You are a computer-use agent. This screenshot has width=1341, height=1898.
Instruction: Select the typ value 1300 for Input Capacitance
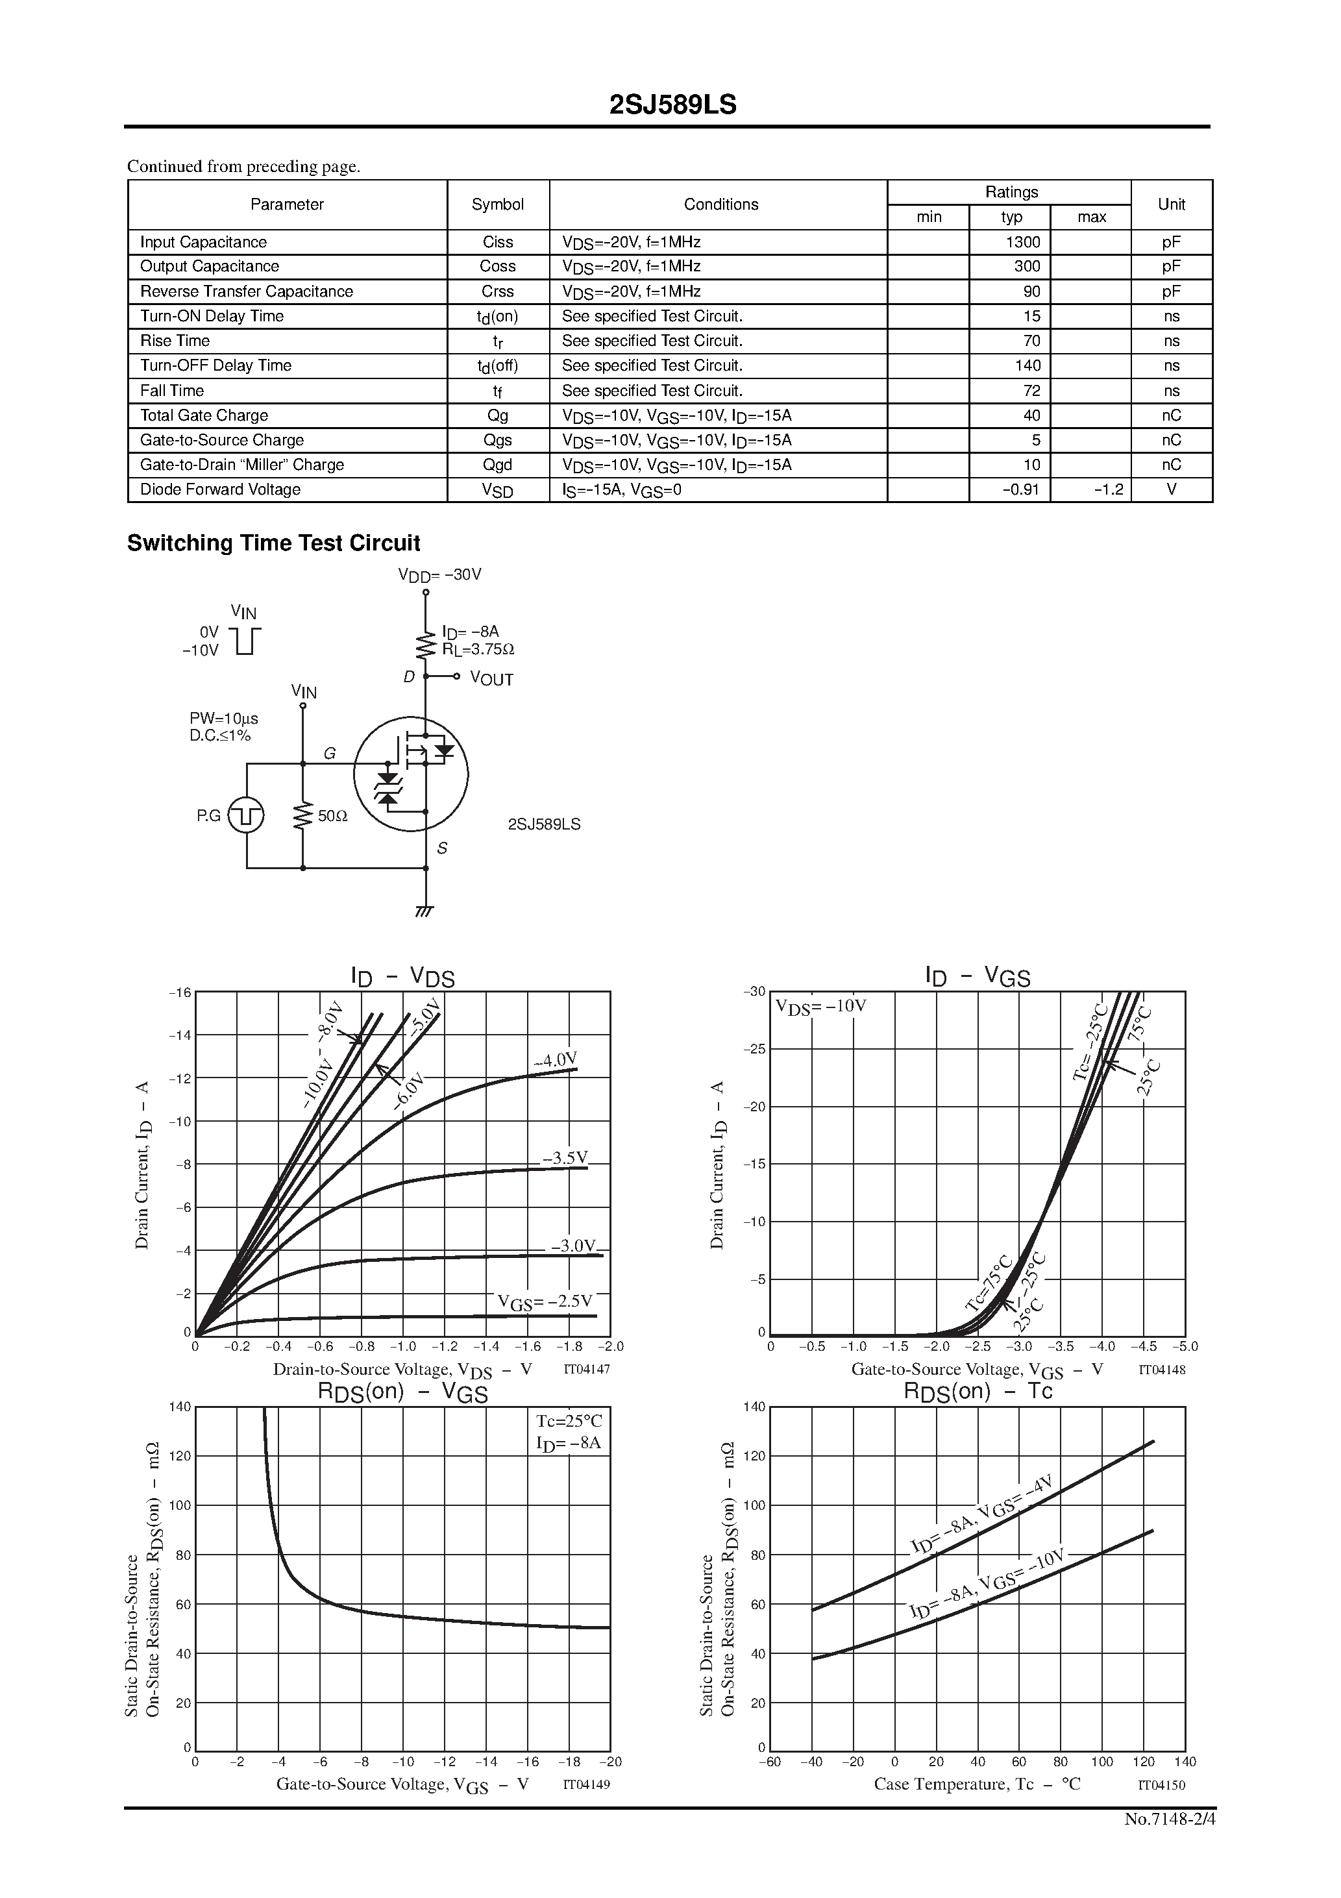(x=1024, y=242)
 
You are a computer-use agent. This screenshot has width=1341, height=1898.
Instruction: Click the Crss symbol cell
(x=498, y=292)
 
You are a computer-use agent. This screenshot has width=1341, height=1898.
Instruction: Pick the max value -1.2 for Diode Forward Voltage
(x=1108, y=490)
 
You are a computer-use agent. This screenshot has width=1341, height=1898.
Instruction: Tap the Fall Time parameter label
(x=172, y=391)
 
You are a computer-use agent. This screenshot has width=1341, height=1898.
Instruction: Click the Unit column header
(x=1171, y=204)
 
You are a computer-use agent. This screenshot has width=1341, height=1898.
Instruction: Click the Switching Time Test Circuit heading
(x=274, y=543)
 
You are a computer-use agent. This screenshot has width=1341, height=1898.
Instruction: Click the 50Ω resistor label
(x=332, y=816)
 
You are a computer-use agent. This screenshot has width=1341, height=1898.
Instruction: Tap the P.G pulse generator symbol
(x=247, y=816)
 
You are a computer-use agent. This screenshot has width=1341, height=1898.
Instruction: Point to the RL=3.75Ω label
(x=478, y=650)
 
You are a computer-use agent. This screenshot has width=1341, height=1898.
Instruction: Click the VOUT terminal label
(x=491, y=680)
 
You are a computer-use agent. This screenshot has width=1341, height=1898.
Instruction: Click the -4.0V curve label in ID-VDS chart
(x=555, y=1061)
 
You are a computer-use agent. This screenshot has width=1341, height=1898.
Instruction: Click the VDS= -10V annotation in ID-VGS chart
(x=820, y=1007)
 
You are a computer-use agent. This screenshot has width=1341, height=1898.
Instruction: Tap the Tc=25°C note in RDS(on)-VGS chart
(x=569, y=1421)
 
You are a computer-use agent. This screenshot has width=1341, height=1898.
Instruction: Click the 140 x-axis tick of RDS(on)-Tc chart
(x=1185, y=1762)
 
